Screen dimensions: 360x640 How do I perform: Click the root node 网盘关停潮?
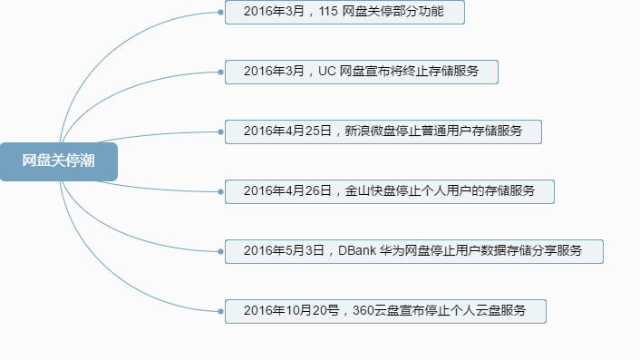(59, 161)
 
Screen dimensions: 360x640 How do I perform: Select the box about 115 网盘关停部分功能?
(345, 12)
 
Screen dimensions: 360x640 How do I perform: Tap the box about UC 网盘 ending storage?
(362, 72)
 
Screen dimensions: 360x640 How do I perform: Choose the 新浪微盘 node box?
(383, 131)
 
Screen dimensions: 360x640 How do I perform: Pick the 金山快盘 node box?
(389, 191)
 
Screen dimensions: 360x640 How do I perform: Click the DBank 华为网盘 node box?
(413, 251)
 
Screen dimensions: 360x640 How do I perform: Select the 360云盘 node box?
(386, 311)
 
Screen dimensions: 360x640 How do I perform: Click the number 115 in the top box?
(330, 12)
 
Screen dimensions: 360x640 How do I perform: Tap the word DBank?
(356, 251)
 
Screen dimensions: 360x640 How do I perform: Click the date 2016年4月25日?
(287, 131)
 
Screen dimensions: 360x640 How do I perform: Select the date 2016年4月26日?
(287, 191)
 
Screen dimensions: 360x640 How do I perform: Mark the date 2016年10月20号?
(291, 311)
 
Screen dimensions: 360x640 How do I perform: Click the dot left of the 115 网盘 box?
(221, 13)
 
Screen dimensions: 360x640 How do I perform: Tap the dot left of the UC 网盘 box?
(221, 72)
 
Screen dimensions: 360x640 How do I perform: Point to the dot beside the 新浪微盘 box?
(221, 131)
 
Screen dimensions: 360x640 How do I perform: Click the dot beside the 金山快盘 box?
(221, 191)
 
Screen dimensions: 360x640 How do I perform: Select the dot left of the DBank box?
(221, 251)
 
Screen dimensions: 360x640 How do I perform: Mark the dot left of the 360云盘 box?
(221, 311)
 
